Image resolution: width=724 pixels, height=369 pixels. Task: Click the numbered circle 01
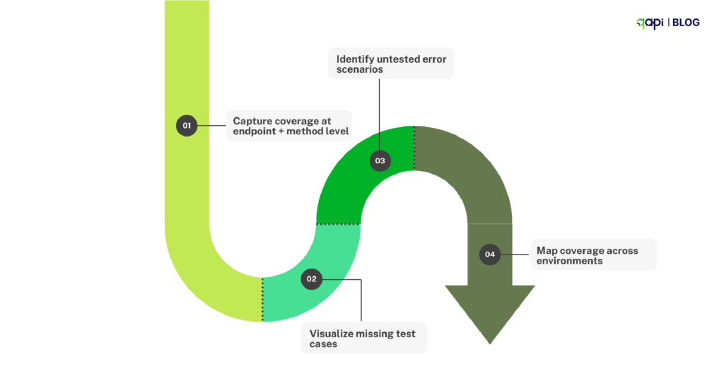coord(187,126)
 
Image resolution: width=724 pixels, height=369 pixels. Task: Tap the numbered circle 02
coord(311,279)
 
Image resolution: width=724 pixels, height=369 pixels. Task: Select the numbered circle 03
coord(380,160)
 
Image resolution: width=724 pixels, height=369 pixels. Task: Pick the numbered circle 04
coord(490,254)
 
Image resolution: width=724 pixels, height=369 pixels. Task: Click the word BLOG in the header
coord(686,23)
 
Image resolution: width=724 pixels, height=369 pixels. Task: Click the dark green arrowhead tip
coord(490,341)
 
